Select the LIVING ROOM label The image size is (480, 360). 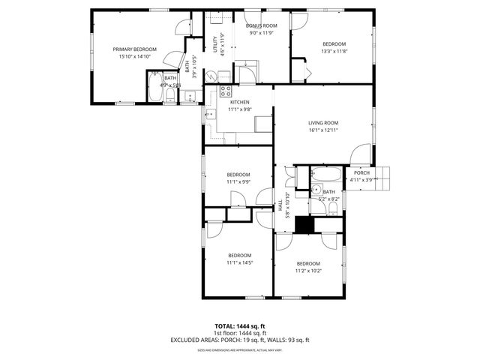coord(323,123)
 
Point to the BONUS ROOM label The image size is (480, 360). coord(260,25)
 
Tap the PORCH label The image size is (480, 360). coord(361,172)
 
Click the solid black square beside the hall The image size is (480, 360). coord(304,225)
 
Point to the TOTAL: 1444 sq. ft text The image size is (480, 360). coord(240,326)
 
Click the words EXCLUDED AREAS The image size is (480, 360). coord(198,340)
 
